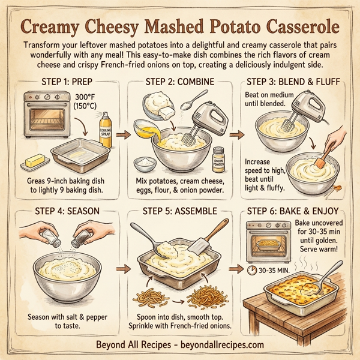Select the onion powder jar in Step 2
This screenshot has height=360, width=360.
tap(218, 159)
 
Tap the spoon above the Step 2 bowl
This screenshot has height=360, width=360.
tap(191, 103)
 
